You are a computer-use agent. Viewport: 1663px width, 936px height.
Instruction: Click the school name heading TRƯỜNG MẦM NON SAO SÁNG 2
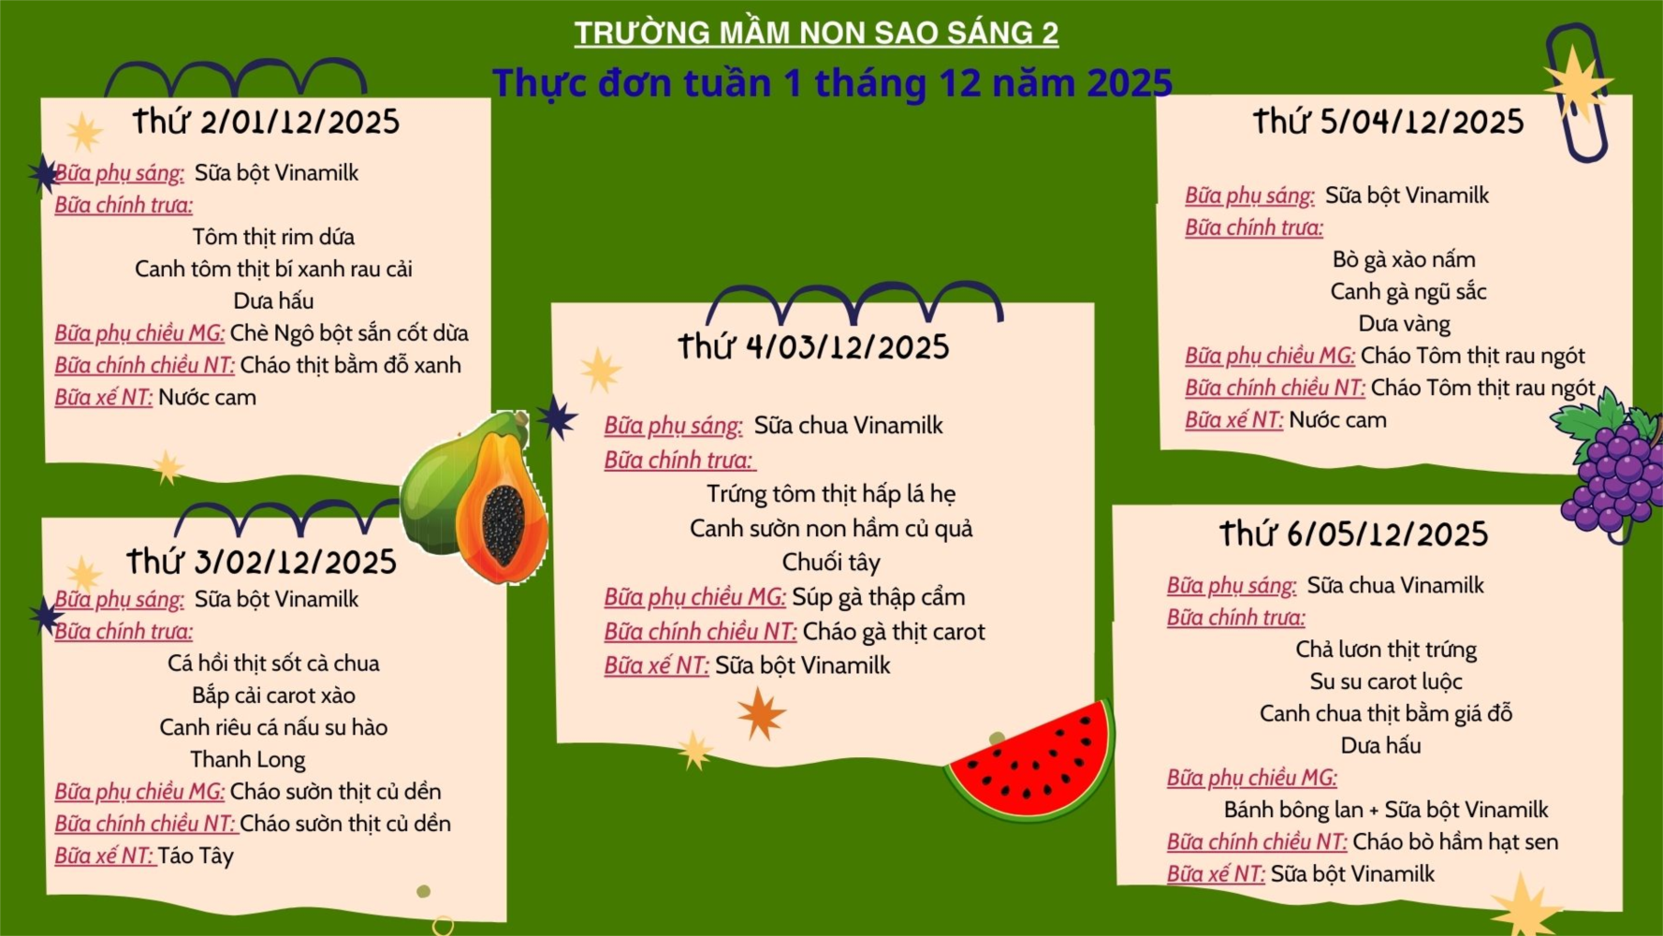click(816, 33)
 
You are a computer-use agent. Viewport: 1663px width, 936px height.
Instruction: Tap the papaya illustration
click(475, 496)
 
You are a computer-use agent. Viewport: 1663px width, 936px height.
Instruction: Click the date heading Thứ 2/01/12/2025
click(266, 122)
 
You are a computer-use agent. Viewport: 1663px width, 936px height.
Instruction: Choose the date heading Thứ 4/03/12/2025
click(813, 347)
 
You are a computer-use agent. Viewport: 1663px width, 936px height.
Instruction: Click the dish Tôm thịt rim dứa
click(273, 237)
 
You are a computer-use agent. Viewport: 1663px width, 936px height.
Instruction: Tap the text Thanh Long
click(248, 759)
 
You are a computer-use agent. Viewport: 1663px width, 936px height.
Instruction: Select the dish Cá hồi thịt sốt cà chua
click(273, 664)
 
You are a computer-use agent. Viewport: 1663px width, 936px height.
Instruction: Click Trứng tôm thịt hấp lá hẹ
click(831, 494)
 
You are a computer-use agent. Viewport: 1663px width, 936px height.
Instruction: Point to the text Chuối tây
click(831, 563)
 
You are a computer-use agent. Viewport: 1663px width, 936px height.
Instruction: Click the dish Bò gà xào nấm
click(1404, 259)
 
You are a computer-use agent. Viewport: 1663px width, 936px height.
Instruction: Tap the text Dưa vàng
click(1404, 324)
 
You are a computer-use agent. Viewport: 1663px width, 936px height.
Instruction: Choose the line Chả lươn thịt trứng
click(1386, 650)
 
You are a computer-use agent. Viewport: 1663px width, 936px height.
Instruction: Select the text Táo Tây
click(196, 856)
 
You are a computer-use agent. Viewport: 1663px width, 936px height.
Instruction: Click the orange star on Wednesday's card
click(761, 713)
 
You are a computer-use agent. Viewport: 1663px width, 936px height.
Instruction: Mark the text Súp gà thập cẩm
click(878, 597)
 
